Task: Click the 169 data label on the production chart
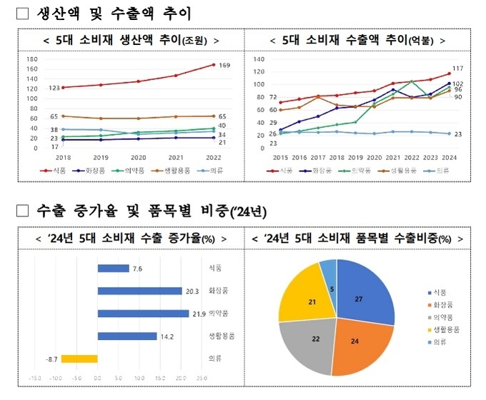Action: click(x=224, y=66)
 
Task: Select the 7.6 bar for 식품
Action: click(x=113, y=268)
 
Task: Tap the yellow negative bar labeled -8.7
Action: click(x=79, y=359)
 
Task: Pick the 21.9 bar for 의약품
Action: click(x=141, y=314)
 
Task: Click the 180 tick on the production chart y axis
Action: click(x=32, y=59)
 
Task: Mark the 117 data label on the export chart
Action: click(x=458, y=68)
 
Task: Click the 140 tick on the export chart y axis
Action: click(x=259, y=59)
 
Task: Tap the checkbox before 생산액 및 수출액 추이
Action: click(x=21, y=14)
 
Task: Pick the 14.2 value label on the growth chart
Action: click(x=169, y=336)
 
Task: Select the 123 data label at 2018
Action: click(x=54, y=89)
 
